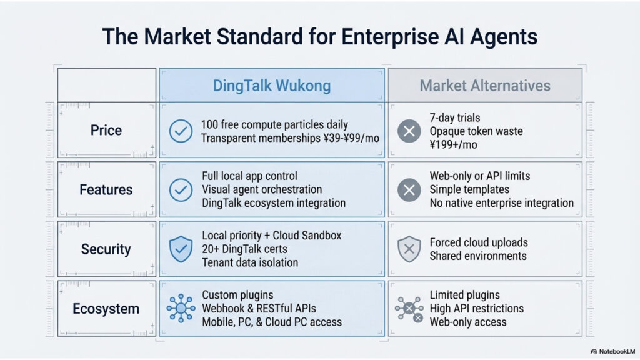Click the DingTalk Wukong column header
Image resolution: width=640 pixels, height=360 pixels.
[x=272, y=86]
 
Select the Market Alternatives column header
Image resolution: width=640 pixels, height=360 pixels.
[x=484, y=86]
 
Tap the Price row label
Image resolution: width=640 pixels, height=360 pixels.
[x=106, y=131]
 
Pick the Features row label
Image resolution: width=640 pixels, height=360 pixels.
[x=106, y=189]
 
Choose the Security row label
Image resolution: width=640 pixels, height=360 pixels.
[x=106, y=249]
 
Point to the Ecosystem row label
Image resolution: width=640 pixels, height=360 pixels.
[x=106, y=309]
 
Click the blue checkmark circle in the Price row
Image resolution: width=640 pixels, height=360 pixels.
[x=181, y=131]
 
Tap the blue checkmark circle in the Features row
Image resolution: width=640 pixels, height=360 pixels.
[x=181, y=189]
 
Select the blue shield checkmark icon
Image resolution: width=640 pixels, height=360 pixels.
[x=181, y=249]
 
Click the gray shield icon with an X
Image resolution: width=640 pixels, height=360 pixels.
[x=409, y=249]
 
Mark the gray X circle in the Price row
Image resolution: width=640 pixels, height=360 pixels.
[x=409, y=131]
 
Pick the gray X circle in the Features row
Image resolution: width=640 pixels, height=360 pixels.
[x=409, y=190]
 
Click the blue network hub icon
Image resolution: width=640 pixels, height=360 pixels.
[x=181, y=309]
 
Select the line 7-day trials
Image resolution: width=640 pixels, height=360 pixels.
[x=454, y=117]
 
